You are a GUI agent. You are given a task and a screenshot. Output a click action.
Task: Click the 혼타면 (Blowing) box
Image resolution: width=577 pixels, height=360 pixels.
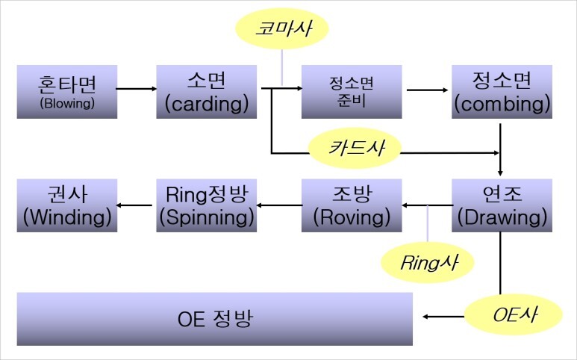click(67, 91)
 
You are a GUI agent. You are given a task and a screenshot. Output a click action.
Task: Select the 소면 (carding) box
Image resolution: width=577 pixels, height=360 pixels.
click(205, 91)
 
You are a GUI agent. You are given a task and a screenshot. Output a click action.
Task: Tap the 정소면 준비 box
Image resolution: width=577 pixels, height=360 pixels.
click(352, 91)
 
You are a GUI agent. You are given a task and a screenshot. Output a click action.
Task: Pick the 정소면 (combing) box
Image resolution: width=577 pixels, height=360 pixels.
click(502, 91)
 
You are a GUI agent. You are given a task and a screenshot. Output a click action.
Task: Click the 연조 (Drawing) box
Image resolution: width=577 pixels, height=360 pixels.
click(502, 205)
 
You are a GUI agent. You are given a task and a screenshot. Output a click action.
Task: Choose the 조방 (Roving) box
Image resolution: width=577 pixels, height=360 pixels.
click(352, 205)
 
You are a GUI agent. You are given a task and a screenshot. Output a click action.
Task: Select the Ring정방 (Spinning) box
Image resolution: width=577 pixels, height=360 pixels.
click(205, 205)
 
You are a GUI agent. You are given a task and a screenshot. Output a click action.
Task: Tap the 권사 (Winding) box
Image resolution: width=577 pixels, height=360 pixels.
click(67, 205)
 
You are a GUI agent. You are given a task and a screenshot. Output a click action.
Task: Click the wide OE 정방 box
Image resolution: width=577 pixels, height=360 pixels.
click(216, 320)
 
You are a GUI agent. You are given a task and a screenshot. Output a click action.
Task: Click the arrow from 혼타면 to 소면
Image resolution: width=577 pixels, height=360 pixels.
click(137, 90)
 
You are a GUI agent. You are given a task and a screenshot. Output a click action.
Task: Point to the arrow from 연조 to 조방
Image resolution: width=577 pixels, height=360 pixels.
click(427, 205)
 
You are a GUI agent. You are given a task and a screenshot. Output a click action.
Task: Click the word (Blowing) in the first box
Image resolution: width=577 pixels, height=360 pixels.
click(67, 103)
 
